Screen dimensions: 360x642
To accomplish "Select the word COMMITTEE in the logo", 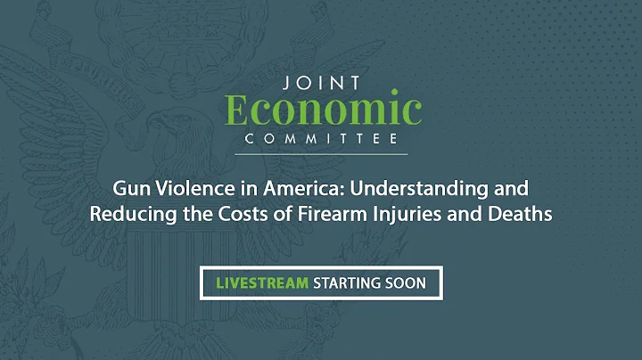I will (x=321, y=139).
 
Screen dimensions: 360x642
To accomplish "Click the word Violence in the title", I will (x=183, y=190).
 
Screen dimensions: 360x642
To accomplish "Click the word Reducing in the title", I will (x=125, y=215).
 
